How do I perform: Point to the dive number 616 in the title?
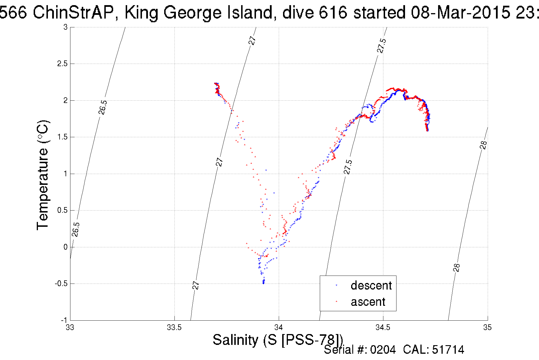coord(333,13)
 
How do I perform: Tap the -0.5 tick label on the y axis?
coord(61,284)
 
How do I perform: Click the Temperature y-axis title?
coord(43,175)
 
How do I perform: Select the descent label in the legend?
coord(371,286)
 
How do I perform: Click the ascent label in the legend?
coord(368,302)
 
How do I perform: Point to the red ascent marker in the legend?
coord(337,301)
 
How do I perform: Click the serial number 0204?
coord(383,350)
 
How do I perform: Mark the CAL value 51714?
coord(448,350)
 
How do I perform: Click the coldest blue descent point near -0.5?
coord(263,283)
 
